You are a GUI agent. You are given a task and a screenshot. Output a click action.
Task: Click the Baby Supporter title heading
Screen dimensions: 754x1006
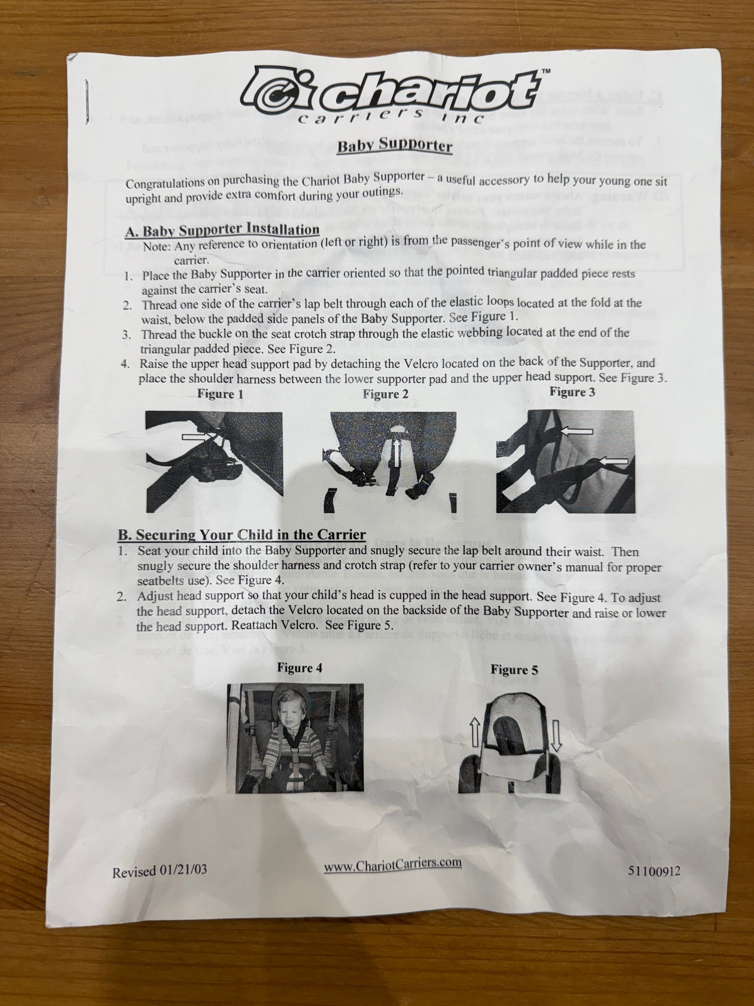395,146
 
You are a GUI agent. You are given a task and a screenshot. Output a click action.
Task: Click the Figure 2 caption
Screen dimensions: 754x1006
385,394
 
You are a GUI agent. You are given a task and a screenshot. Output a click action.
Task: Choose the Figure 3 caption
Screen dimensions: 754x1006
572,392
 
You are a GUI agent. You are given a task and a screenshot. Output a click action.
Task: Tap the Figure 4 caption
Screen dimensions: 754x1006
300,667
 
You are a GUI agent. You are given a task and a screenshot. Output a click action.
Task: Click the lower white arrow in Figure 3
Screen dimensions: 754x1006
614,462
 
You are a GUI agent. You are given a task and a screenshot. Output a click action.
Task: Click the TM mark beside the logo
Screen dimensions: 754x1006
547,71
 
